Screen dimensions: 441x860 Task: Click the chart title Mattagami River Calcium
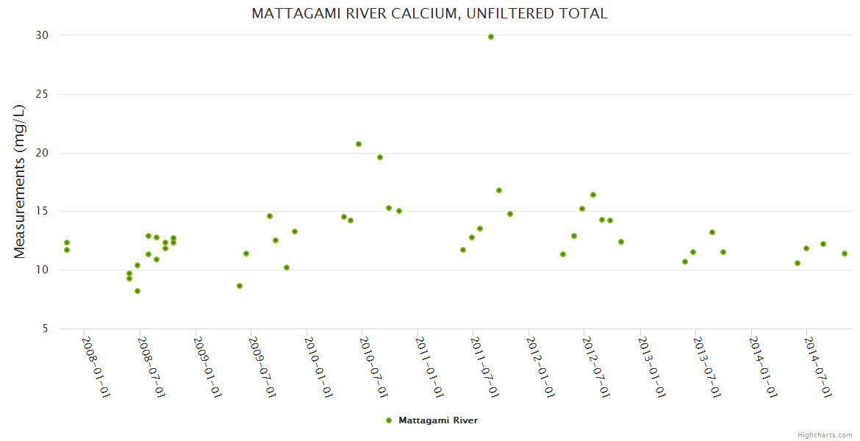(429, 14)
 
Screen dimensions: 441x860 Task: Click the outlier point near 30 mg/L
(491, 37)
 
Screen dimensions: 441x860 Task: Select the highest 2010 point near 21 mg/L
(359, 144)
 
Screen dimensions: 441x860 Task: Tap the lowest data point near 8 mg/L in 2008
(137, 291)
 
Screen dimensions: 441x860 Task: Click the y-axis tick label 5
(45, 329)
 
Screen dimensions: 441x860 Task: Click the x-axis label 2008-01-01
(96, 367)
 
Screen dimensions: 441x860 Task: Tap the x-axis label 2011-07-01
(484, 367)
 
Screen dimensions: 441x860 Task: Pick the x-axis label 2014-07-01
(817, 367)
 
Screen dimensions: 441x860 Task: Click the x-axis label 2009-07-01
(262, 367)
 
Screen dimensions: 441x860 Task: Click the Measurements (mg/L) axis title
(20, 182)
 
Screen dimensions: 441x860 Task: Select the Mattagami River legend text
(438, 420)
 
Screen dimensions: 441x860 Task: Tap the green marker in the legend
(389, 420)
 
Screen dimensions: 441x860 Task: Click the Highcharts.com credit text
(825, 434)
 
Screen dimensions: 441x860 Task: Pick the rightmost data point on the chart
(845, 254)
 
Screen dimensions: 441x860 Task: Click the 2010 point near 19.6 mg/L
(380, 157)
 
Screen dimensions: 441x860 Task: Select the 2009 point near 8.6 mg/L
(240, 286)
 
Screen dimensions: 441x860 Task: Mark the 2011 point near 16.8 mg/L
(499, 190)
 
